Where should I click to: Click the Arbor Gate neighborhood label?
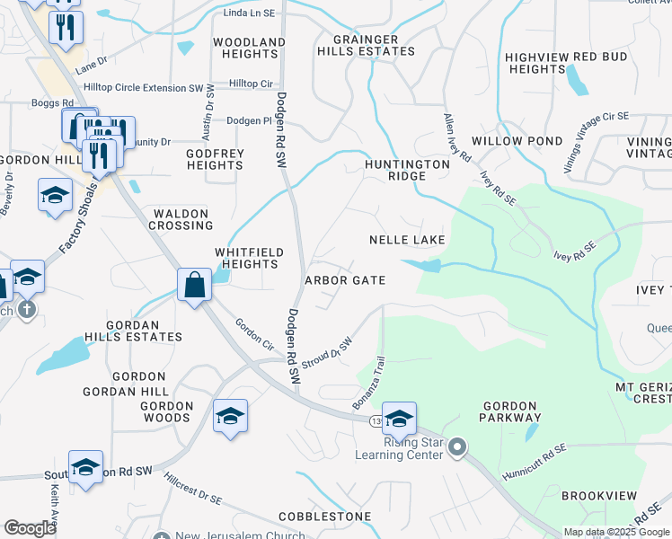click(x=346, y=280)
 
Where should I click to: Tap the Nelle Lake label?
click(x=407, y=240)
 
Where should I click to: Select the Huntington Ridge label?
click(x=406, y=171)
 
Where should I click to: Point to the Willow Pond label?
click(x=517, y=141)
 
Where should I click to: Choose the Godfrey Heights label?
click(x=215, y=159)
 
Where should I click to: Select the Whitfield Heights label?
click(x=249, y=259)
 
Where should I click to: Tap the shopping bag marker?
click(x=194, y=285)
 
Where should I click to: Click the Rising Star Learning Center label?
click(x=400, y=447)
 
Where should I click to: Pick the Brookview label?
click(x=599, y=496)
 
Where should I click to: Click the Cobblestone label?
click(x=324, y=517)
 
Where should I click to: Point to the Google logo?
click(x=30, y=527)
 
